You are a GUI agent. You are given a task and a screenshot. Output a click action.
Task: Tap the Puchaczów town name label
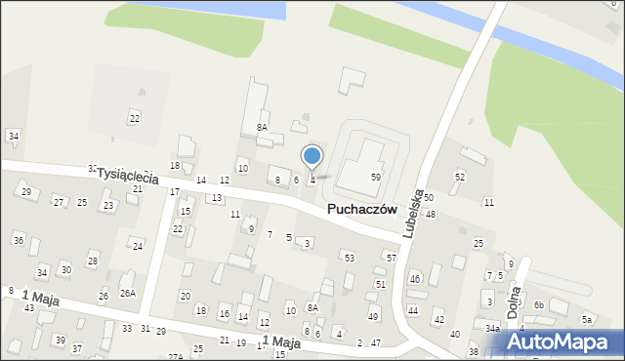click(x=361, y=209)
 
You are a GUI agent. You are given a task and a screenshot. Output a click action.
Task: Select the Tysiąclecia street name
click(x=127, y=177)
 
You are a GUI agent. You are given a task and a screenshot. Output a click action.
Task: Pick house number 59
click(x=375, y=177)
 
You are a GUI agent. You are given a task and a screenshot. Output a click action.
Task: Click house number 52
click(x=459, y=177)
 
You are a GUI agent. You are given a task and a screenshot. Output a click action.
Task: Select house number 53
click(x=349, y=258)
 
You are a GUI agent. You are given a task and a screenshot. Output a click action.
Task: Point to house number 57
click(x=391, y=258)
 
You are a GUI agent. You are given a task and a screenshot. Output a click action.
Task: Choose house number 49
click(x=372, y=317)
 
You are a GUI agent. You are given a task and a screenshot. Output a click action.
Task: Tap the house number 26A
click(x=128, y=293)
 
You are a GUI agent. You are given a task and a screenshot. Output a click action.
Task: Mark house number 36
click(x=18, y=240)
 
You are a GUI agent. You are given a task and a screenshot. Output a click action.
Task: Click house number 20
click(x=185, y=296)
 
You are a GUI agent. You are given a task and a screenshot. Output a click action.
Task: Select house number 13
click(x=216, y=198)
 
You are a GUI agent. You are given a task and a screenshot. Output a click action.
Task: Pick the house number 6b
click(x=538, y=304)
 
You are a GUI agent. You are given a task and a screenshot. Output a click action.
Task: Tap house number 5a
click(x=587, y=319)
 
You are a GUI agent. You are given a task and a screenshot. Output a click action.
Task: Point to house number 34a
click(x=492, y=330)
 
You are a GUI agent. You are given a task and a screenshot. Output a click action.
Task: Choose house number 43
click(x=29, y=308)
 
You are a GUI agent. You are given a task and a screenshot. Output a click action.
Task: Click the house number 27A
click(x=175, y=357)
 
